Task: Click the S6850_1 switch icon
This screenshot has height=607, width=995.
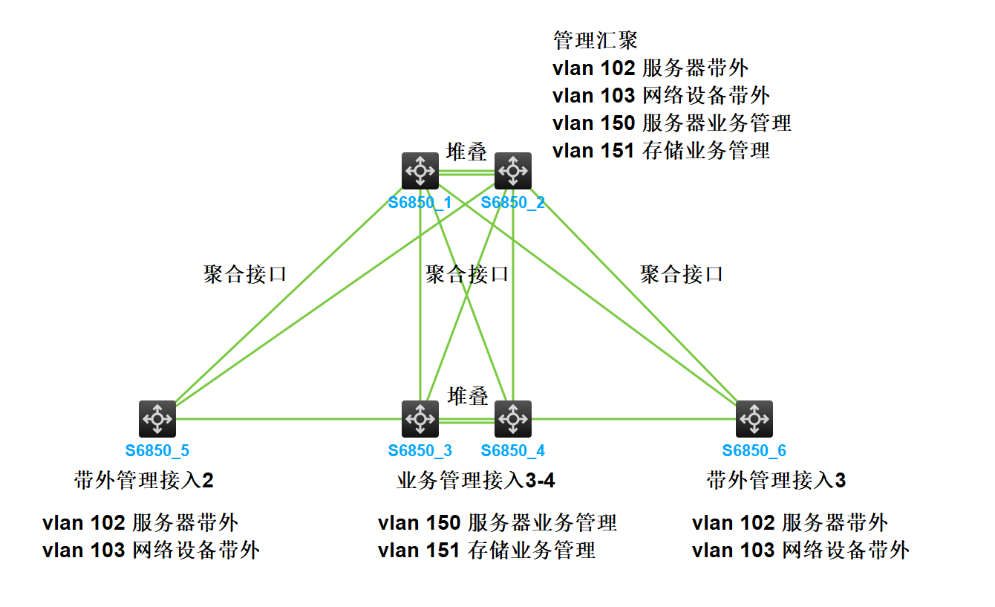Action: [420, 171]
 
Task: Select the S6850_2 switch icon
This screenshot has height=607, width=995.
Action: [512, 171]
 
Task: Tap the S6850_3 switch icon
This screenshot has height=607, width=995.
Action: [420, 419]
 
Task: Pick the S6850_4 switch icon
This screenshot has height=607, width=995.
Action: [512, 419]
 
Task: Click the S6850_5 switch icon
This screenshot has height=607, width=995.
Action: [157, 419]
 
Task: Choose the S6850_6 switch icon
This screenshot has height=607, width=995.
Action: [754, 419]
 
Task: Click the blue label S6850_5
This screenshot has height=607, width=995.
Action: [157, 450]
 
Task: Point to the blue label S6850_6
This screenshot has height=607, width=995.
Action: [754, 450]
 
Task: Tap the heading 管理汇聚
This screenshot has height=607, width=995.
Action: [596, 39]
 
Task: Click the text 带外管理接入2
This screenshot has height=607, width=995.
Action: [144, 481]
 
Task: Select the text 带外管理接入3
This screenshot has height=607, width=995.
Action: [776, 481]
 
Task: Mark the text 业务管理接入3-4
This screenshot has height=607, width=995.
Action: [476, 481]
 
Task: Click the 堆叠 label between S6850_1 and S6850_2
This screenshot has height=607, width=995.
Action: [466, 152]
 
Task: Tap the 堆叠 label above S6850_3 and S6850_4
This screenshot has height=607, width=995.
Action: [468, 396]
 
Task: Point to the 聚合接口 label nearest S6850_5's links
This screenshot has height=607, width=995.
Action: [245, 274]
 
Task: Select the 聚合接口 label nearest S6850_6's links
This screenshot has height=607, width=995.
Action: [682, 274]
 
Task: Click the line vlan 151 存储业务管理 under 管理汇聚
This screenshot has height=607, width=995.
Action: [661, 150]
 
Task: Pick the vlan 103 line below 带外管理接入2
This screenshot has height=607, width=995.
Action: [151, 551]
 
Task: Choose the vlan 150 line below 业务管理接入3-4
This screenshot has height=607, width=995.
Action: [497, 523]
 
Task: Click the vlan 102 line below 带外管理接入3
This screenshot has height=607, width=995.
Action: [789, 523]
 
